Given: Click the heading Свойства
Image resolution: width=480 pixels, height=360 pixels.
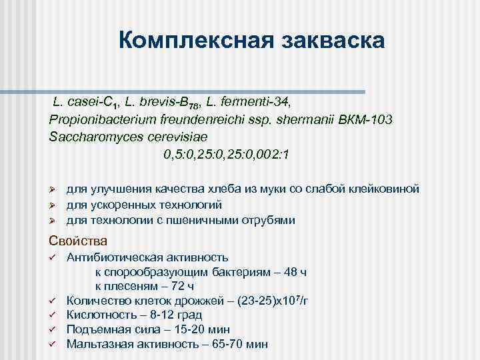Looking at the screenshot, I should (78, 240).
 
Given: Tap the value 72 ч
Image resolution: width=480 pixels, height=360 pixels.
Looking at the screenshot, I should (181, 286).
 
